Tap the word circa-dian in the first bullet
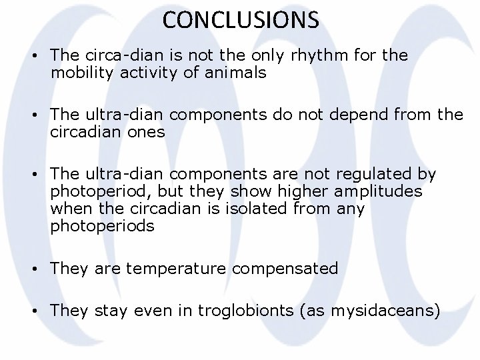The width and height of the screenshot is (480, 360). coord(115,55)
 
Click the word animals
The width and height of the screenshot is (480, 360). coord(235,72)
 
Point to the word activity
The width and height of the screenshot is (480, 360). coord(154,72)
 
